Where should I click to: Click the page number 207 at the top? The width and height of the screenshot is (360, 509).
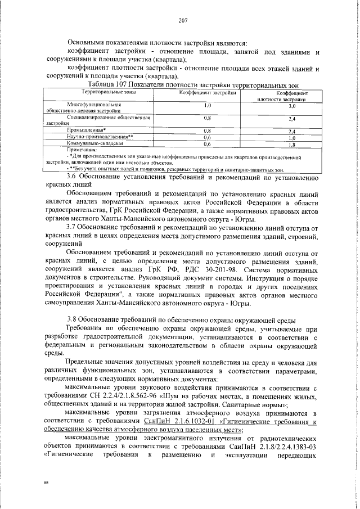pyautogui.click(x=182, y=21)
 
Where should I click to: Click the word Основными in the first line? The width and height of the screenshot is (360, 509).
pyautogui.click(x=87, y=43)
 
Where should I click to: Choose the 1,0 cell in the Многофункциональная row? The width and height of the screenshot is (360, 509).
pyautogui.click(x=207, y=105)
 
